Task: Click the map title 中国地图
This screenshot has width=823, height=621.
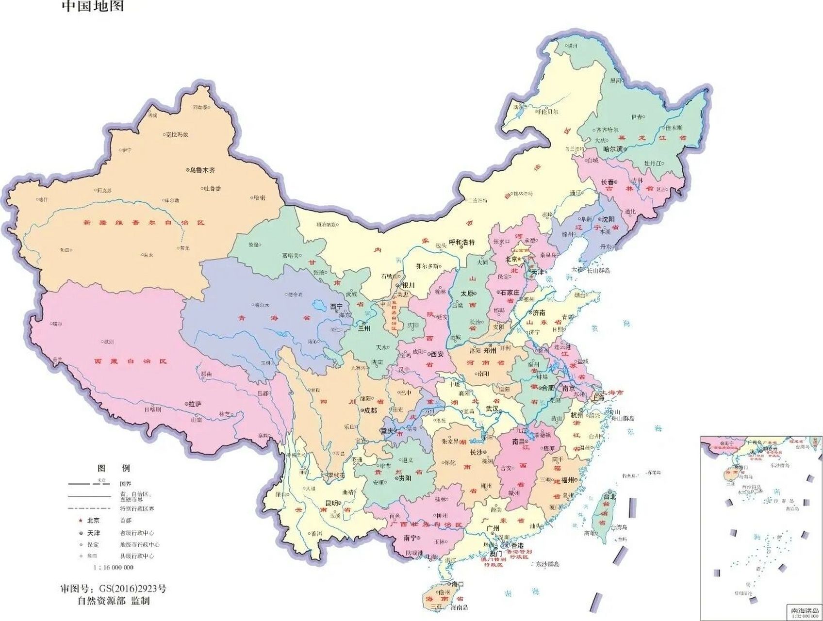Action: pos(93,6)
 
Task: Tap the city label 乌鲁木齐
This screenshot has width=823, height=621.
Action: pos(202,170)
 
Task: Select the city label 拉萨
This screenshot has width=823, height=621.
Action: pos(195,404)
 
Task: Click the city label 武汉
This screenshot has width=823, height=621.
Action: pos(492,409)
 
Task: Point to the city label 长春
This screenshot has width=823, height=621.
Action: pos(608,182)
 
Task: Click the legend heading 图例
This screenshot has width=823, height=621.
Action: pos(114,468)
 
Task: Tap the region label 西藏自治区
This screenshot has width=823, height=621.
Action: pos(130,361)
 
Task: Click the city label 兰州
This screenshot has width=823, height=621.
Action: pos(363,328)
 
